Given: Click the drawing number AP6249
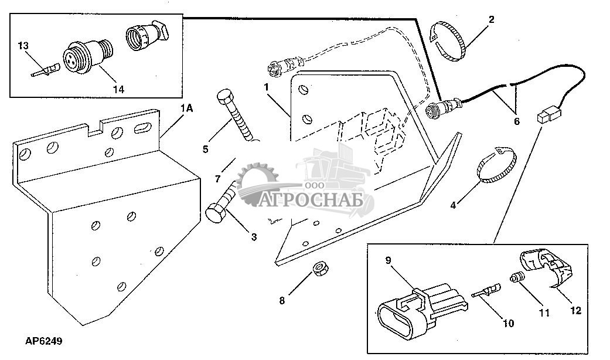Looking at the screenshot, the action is click(x=43, y=341).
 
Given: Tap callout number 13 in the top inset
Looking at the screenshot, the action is click(x=23, y=46).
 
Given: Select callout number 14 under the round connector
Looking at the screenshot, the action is click(x=118, y=89).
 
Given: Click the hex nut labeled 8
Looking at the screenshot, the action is click(x=320, y=269).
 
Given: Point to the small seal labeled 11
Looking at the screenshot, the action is click(x=517, y=279).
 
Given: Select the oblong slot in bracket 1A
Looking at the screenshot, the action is click(x=142, y=128).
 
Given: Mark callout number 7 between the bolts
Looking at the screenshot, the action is click(x=217, y=179).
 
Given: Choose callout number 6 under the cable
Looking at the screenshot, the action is click(x=516, y=121).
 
